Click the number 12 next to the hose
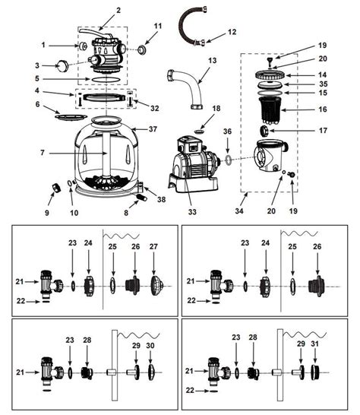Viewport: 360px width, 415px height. [x=232, y=32]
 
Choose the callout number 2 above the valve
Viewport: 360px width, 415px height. [x=118, y=11]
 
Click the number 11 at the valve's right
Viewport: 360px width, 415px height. [x=158, y=27]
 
